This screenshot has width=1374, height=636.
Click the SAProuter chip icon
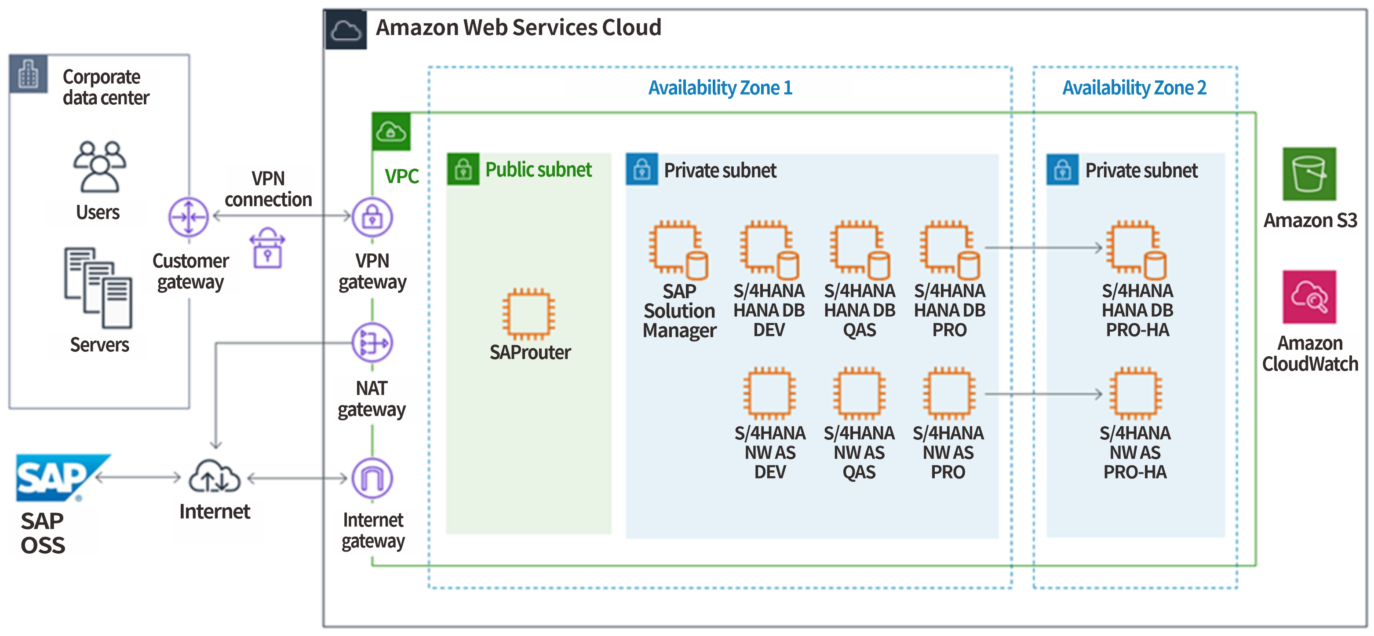pyautogui.click(x=528, y=314)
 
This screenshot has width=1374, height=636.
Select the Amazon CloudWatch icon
pyautogui.click(x=1309, y=296)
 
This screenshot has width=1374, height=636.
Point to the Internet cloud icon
pyautogui.click(x=215, y=476)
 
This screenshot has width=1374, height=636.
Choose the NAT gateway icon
pyautogui.click(x=372, y=343)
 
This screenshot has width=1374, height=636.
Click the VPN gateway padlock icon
pyautogui.click(x=372, y=217)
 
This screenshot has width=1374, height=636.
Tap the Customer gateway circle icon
pyautogui.click(x=188, y=217)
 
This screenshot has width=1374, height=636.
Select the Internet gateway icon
pyautogui.click(x=372, y=478)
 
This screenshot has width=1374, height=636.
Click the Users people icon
pyautogui.click(x=99, y=166)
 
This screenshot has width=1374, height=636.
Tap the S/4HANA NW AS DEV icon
pyautogui.click(x=769, y=394)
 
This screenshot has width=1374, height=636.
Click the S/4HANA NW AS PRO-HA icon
pyautogui.click(x=1135, y=394)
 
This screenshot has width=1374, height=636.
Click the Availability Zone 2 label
pyautogui.click(x=1134, y=88)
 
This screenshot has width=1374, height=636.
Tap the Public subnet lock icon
pyautogui.click(x=463, y=170)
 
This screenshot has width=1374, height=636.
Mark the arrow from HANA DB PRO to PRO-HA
pyautogui.click(x=1043, y=248)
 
